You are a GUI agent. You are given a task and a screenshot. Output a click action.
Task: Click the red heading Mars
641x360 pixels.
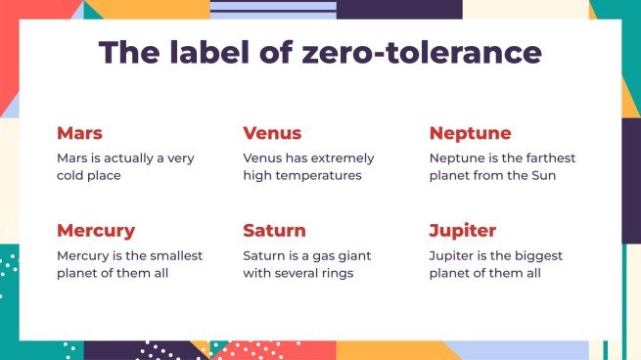click(x=79, y=133)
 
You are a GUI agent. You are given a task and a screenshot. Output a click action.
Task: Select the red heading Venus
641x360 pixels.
click(x=272, y=133)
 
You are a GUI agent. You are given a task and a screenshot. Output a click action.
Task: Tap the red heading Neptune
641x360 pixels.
click(x=470, y=133)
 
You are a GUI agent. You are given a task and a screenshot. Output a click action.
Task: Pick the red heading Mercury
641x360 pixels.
click(x=96, y=231)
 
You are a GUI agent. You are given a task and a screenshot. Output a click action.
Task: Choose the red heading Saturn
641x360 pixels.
click(x=274, y=231)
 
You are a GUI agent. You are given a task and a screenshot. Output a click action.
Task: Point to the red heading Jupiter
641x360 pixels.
click(x=462, y=231)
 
